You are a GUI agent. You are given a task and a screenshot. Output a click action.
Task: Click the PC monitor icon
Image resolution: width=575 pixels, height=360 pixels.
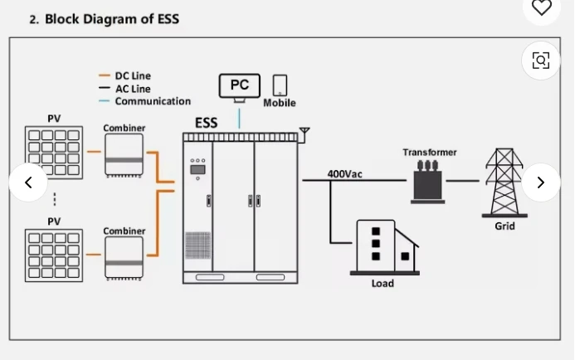click(239, 86)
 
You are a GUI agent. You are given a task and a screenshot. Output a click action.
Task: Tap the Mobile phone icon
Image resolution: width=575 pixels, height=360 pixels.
click(280, 85)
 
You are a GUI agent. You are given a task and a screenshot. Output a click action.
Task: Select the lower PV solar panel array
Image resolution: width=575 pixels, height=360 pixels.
click(54, 255)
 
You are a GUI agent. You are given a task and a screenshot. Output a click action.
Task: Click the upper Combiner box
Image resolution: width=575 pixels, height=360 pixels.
click(124, 155)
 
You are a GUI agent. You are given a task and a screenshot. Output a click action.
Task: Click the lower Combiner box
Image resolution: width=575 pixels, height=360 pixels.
click(124, 258)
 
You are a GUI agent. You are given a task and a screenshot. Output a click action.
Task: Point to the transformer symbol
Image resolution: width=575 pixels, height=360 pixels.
click(428, 180)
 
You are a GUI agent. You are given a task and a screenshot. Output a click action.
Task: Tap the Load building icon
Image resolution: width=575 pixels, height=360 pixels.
click(386, 246)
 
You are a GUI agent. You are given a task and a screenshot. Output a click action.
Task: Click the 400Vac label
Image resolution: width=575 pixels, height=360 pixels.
click(344, 174)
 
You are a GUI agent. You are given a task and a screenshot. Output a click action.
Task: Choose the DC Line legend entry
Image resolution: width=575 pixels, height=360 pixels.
click(132, 75)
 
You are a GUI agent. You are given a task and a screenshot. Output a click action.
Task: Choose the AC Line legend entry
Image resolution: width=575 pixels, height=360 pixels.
click(132, 89)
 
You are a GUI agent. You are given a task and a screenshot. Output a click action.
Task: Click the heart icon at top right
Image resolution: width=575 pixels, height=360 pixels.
click(541, 7)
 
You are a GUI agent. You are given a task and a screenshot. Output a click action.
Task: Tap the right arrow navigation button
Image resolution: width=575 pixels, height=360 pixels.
click(541, 182)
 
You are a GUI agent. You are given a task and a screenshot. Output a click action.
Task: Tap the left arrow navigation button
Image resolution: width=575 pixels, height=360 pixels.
click(28, 182)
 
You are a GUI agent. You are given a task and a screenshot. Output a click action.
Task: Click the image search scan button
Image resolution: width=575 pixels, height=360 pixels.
click(541, 61)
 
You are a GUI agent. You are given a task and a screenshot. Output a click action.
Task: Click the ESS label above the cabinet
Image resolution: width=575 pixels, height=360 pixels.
click(206, 123)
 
